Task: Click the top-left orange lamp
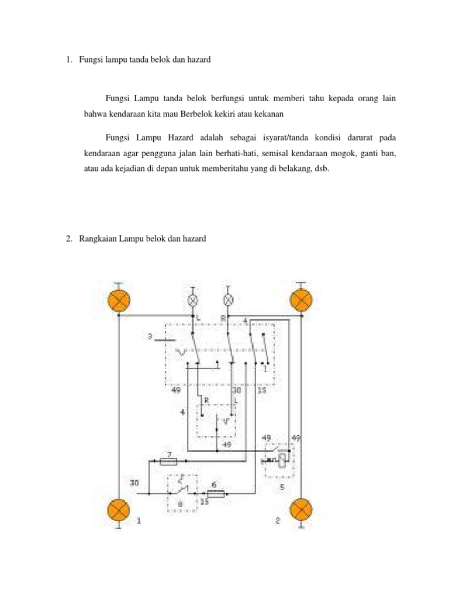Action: pos(119,301)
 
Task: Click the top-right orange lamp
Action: pos(301,301)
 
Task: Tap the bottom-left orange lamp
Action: pos(119,510)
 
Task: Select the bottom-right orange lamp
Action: pos(302,510)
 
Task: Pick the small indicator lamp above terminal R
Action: pos(229,300)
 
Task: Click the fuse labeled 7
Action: pos(168,462)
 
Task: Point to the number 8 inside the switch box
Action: pos(179,502)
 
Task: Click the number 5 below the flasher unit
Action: pos(281,486)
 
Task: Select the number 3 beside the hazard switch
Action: pos(150,337)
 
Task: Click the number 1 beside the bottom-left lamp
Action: pos(139,520)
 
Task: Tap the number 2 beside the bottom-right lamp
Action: pos(278,520)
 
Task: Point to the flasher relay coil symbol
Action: pos(282,460)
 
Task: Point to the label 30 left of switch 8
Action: pos(134,483)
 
